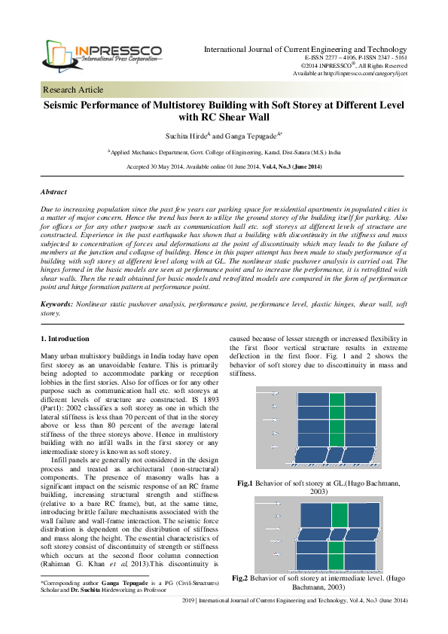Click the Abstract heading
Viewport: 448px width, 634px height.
[53, 192]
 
